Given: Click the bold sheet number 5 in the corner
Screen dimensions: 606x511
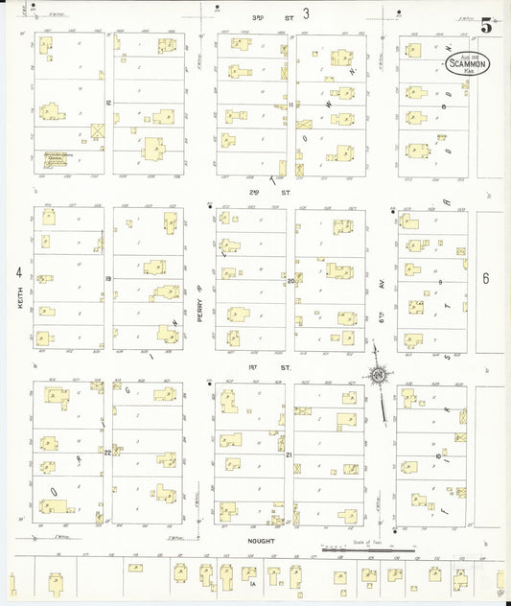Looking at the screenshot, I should pyautogui.click(x=486, y=26).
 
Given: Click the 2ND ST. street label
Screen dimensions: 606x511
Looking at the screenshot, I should pyautogui.click(x=254, y=192).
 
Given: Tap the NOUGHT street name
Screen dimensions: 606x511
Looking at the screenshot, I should pyautogui.click(x=262, y=541).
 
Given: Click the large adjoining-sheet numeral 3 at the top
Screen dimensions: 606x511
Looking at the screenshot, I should pyautogui.click(x=306, y=13).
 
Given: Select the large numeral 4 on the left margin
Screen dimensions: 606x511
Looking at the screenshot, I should pyautogui.click(x=18, y=272).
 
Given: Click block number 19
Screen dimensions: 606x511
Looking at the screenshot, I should pyautogui.click(x=109, y=279).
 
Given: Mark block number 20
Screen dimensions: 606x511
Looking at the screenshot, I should pyautogui.click(x=290, y=281).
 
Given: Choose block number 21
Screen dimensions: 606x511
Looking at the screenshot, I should pyautogui.click(x=289, y=454).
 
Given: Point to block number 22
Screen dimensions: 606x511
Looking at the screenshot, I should pyautogui.click(x=108, y=452).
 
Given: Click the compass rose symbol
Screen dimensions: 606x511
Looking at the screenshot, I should pyautogui.click(x=380, y=375).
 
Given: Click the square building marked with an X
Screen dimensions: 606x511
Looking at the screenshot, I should pyautogui.click(x=96, y=131).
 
